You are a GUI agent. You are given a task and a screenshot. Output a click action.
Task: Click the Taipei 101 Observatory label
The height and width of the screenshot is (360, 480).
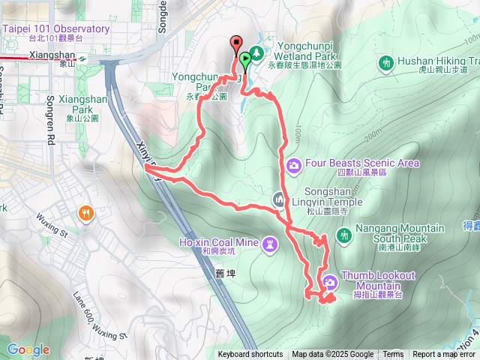point(56,29)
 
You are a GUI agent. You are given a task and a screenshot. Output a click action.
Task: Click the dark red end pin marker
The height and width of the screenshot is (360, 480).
point(235,44)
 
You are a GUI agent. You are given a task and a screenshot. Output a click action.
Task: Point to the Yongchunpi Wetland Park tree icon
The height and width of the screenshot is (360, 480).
point(256,52)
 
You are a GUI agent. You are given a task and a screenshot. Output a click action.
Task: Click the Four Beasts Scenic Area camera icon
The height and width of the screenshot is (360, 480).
point(294,163)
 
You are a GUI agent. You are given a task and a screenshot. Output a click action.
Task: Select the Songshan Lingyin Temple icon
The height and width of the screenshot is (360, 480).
point(279,200)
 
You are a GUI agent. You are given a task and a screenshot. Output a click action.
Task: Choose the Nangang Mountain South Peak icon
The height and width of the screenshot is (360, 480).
point(343,235)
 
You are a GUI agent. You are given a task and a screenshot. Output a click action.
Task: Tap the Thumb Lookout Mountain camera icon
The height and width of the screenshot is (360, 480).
point(330,283)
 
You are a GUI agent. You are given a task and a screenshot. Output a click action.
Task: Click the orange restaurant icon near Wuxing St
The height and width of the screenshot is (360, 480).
point(88,213)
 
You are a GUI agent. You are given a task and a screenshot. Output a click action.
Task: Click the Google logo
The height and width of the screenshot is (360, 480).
point(28,349)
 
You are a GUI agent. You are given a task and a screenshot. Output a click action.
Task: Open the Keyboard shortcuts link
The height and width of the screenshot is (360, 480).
point(250,355)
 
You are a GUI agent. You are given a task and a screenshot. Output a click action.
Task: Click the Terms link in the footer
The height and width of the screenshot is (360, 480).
point(393,355)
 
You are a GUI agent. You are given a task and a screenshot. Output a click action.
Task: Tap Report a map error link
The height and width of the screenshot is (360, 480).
point(443,355)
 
